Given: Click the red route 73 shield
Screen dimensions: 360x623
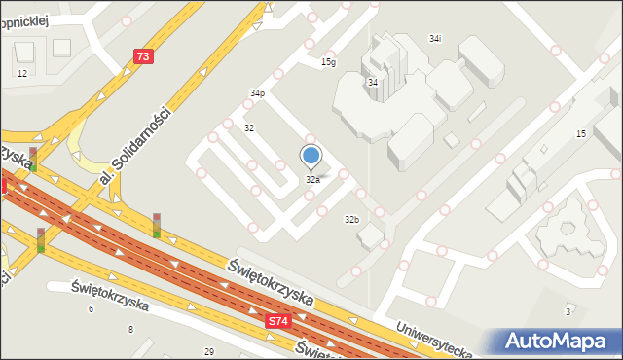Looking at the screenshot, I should click(x=143, y=56).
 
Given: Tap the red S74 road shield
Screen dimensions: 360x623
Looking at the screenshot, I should click(x=278, y=320).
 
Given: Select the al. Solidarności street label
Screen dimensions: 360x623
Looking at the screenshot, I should click(x=136, y=149).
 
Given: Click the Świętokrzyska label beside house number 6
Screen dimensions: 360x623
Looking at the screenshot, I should click(x=110, y=295).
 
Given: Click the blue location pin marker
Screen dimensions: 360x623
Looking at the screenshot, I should click(x=311, y=156).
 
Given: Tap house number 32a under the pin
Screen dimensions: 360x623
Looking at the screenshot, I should click(x=312, y=180).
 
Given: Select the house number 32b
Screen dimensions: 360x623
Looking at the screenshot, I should click(x=351, y=220).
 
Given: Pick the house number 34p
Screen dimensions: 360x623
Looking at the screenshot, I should click(x=257, y=93).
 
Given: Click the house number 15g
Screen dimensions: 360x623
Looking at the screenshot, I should click(x=329, y=62).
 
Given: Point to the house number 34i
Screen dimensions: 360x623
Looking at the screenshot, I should click(x=435, y=38).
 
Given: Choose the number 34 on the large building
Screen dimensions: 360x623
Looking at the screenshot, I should click(x=373, y=83).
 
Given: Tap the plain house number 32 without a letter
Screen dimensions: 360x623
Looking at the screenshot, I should click(x=249, y=128).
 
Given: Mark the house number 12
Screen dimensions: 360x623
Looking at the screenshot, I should click(x=22, y=74).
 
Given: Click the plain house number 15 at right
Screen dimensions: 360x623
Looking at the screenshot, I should click(x=581, y=132).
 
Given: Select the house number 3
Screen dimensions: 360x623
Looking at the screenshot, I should click(x=568, y=311).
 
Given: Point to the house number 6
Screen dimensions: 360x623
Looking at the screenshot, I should click(x=91, y=309).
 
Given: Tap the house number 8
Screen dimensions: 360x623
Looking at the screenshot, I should click(x=130, y=330).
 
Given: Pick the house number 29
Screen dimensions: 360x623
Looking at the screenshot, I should click(x=208, y=351).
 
